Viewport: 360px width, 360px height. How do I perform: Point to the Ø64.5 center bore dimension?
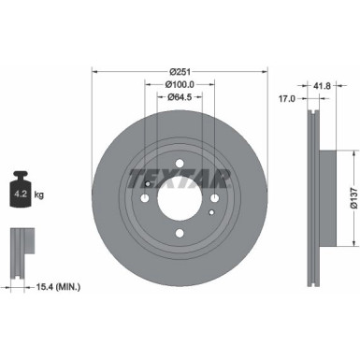click(x=180, y=96)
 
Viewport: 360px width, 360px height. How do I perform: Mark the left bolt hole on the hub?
click(x=144, y=197)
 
